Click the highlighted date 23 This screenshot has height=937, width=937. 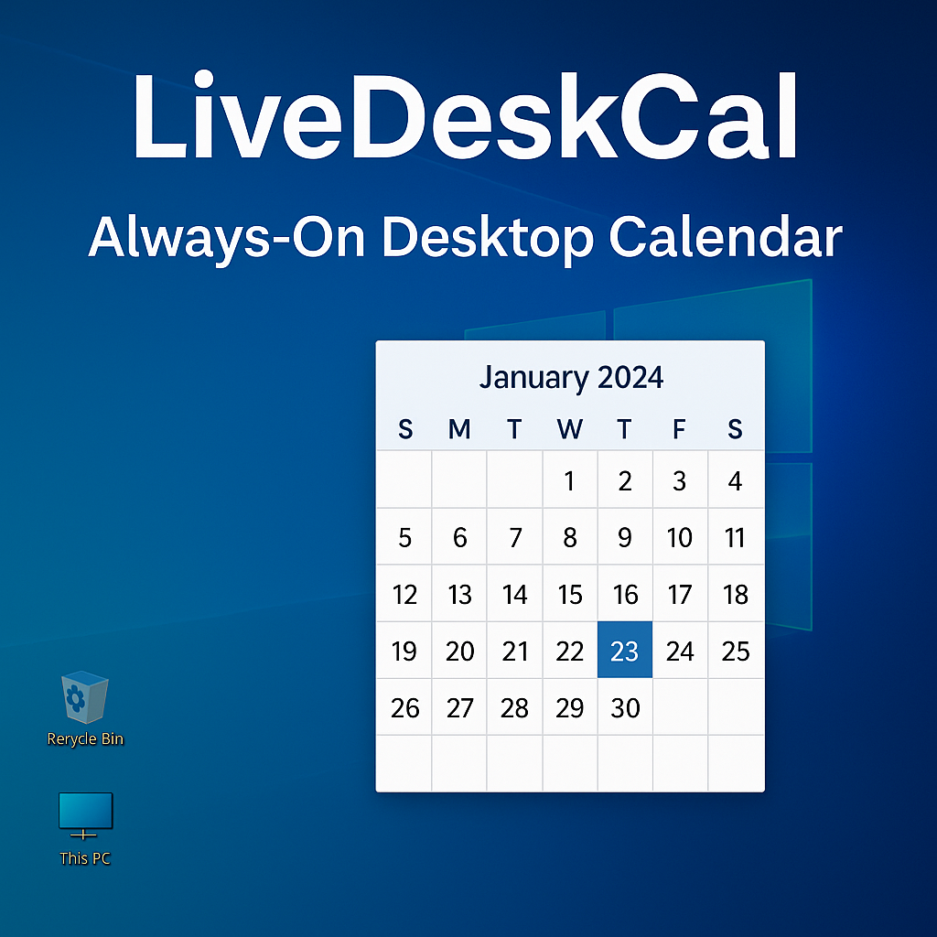pyautogui.click(x=625, y=651)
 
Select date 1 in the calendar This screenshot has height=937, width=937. pyautogui.click(x=569, y=480)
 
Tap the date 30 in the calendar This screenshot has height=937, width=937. pyautogui.click(x=625, y=707)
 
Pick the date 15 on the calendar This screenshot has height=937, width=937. pyautogui.click(x=569, y=595)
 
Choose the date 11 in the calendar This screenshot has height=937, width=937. pyautogui.click(x=735, y=537)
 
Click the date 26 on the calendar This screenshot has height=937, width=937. pyautogui.click(x=404, y=707)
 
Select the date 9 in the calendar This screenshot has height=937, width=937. pyautogui.click(x=625, y=537)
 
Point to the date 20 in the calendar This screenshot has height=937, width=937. pyautogui.click(x=459, y=651)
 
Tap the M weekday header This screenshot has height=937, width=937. pyautogui.click(x=459, y=428)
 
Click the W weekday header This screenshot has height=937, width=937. pyautogui.click(x=569, y=428)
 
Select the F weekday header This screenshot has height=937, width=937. pyautogui.click(x=679, y=428)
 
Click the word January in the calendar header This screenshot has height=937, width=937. pyautogui.click(x=533, y=378)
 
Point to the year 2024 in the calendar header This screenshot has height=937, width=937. pyautogui.click(x=630, y=377)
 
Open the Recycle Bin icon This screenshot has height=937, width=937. pyautogui.click(x=84, y=700)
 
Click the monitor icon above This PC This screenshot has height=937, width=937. pyautogui.click(x=85, y=814)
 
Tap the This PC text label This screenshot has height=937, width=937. pyautogui.click(x=85, y=858)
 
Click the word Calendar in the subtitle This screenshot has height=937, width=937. pyautogui.click(x=725, y=237)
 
